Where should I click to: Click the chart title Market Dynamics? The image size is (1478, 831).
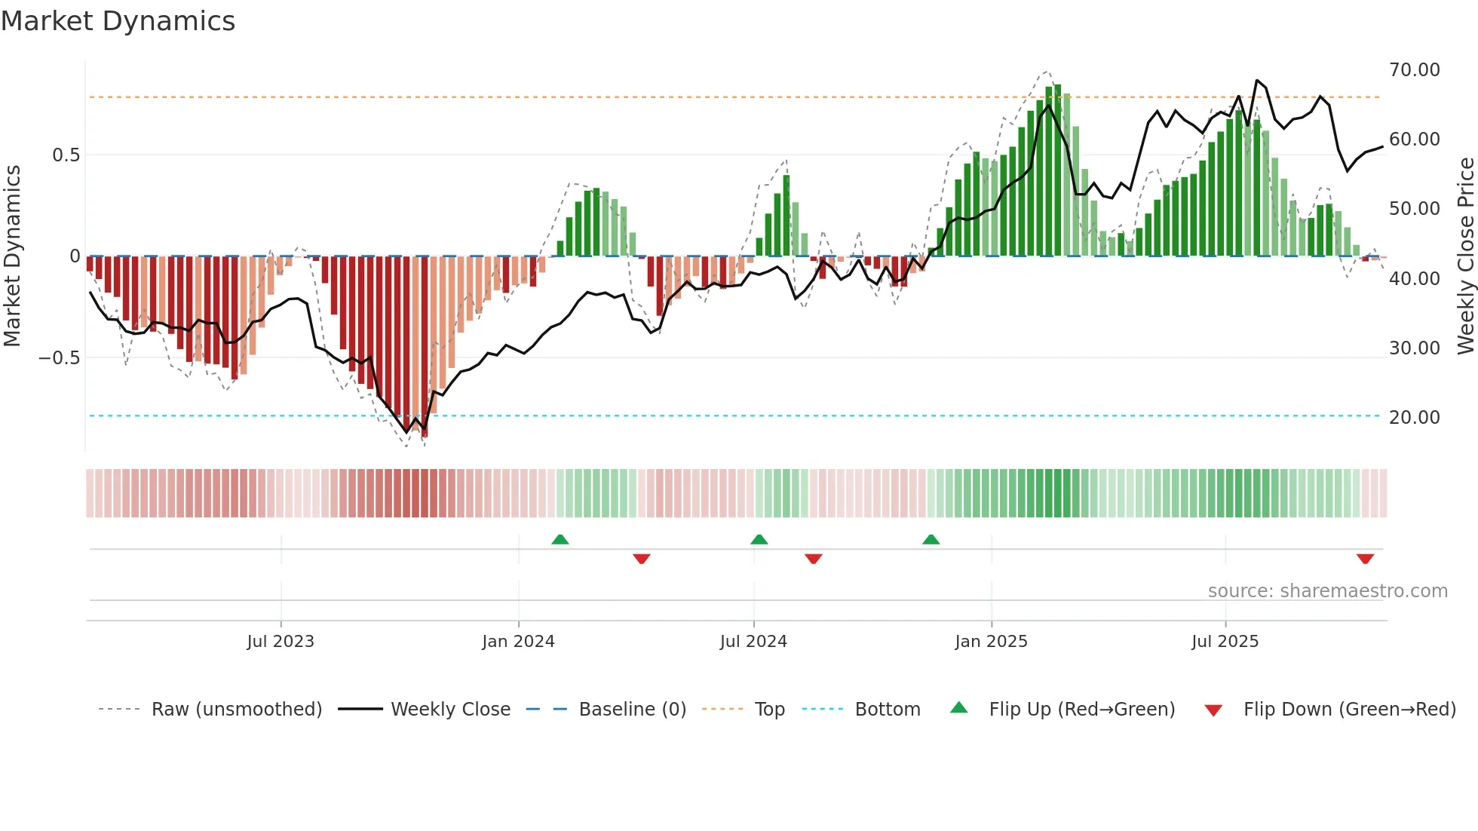pyautogui.click(x=118, y=21)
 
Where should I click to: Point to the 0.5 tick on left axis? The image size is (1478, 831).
pyautogui.click(x=66, y=155)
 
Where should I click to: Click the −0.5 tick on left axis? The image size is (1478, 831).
pyautogui.click(x=59, y=358)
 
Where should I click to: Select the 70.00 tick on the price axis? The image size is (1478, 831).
pyautogui.click(x=1414, y=70)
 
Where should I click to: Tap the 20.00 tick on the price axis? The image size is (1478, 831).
pyautogui.click(x=1414, y=418)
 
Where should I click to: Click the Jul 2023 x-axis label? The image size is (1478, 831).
pyautogui.click(x=281, y=642)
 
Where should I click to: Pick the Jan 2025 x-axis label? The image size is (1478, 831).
pyautogui.click(x=991, y=642)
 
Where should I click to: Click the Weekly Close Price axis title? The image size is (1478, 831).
pyautogui.click(x=1465, y=256)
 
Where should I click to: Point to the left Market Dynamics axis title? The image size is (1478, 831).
pyautogui.click(x=12, y=256)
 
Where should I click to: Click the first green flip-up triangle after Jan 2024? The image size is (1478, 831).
pyautogui.click(x=560, y=540)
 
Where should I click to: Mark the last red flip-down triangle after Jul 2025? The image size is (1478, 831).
pyautogui.click(x=1365, y=559)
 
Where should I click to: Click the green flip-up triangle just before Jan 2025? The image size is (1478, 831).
pyautogui.click(x=931, y=540)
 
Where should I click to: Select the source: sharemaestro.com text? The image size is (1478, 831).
pyautogui.click(x=1327, y=591)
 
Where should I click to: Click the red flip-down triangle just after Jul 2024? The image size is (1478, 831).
pyautogui.click(x=813, y=559)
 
